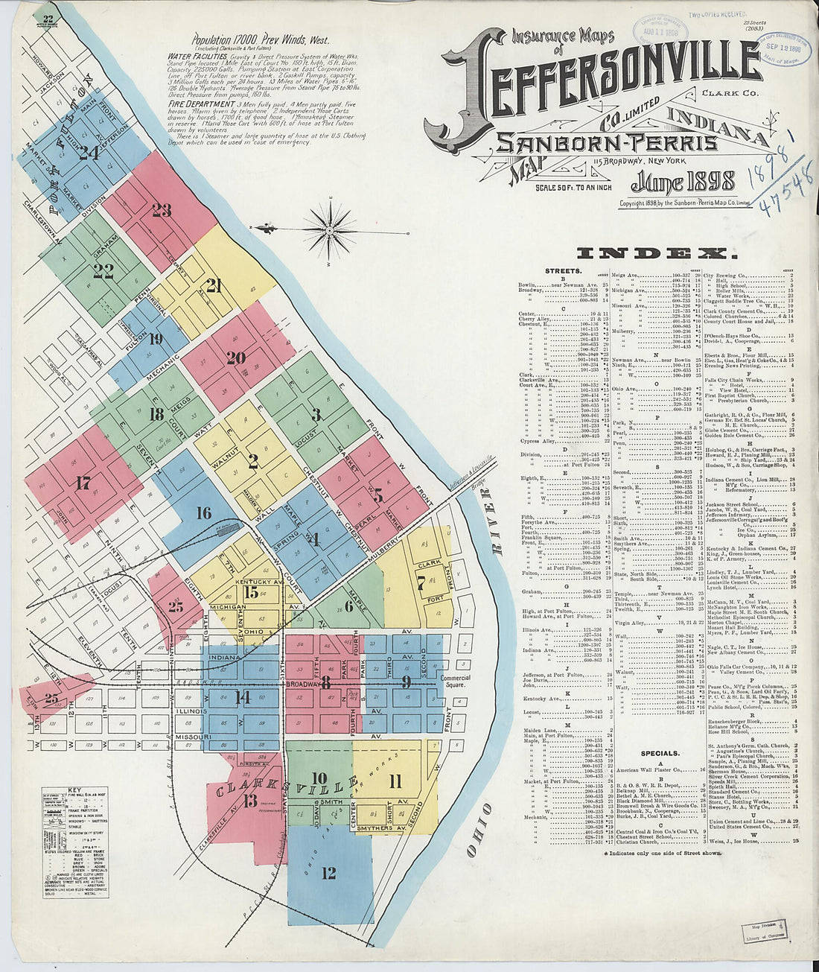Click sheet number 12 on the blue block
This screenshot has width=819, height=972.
point(328,873)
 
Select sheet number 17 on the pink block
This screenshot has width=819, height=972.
point(83,483)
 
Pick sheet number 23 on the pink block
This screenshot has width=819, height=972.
point(161,210)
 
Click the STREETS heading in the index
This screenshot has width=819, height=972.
point(563,271)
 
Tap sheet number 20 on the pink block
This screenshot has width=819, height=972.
point(236,358)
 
